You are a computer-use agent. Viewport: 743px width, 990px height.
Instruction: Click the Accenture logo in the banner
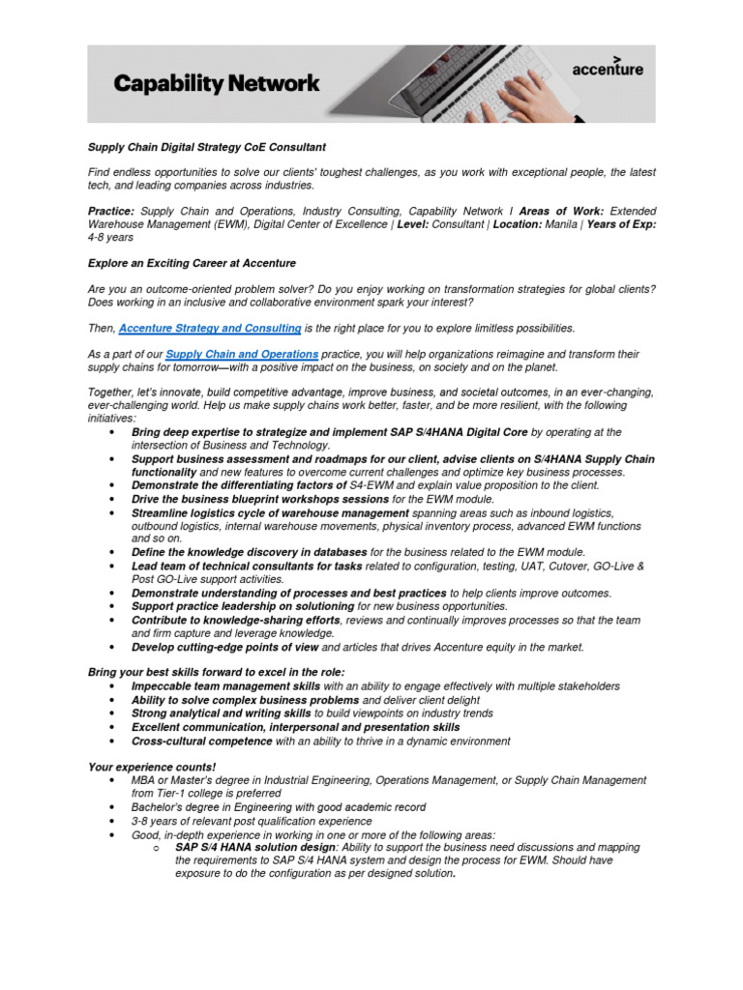click(607, 68)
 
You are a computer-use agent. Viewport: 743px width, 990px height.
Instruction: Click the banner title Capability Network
click(216, 84)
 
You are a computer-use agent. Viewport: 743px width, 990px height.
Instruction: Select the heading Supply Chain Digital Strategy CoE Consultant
click(207, 147)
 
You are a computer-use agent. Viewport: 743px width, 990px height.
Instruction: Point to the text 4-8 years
click(110, 237)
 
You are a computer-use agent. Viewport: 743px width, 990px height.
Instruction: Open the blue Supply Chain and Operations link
click(242, 355)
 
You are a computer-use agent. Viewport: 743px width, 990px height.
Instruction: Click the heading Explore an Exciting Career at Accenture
click(192, 263)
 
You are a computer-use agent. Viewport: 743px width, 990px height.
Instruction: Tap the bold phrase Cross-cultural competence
click(202, 741)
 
